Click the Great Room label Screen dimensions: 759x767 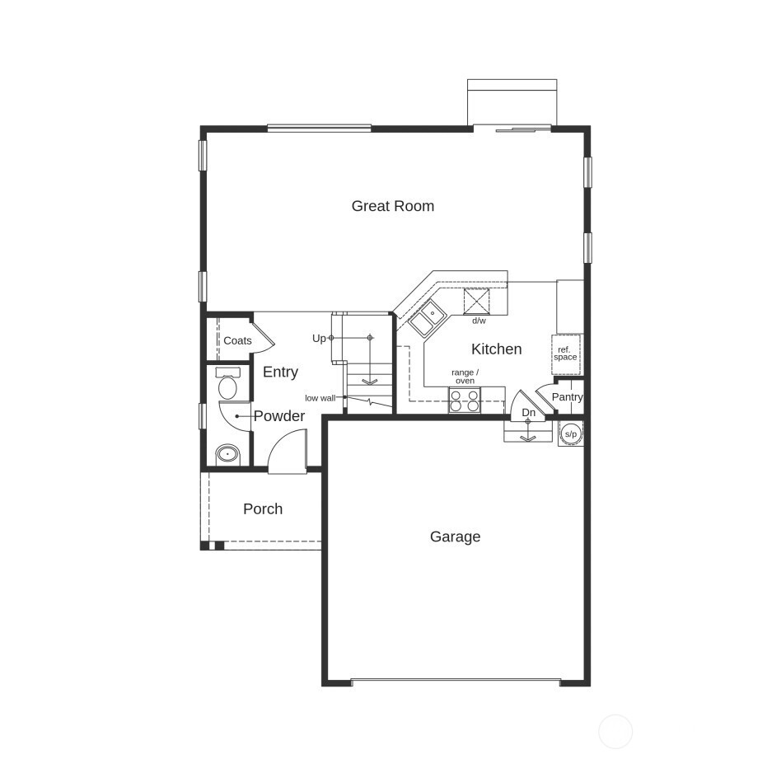coord(392,206)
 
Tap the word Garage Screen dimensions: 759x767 coord(455,536)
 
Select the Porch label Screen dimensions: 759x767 coord(263,508)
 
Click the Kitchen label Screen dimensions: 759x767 coord(496,349)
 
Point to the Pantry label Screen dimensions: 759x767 coord(567,396)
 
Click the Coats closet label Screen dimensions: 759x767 coord(237,340)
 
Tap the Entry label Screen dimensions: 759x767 coord(280,372)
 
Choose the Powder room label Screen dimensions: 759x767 coord(278,416)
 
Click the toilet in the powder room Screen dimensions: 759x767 coord(227,385)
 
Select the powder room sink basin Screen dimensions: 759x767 coord(227,453)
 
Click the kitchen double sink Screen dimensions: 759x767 coord(426,317)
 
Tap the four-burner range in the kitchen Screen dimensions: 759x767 coord(465,401)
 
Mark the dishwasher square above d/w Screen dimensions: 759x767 coord(477,301)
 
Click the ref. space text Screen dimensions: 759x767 coord(565,354)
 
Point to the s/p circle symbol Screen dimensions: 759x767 coord(570,433)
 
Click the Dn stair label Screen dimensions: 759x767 coord(528,412)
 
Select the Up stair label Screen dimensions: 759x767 coord(319,338)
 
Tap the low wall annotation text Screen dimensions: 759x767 coord(320,398)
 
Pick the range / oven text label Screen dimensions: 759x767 coord(465,377)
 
